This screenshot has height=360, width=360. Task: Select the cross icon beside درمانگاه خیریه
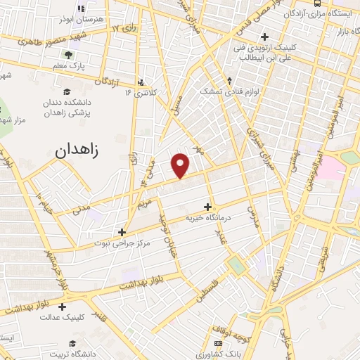click(x=207, y=207)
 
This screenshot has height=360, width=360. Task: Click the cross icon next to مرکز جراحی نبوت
click(x=122, y=231)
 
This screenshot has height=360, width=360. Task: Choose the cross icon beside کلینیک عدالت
click(x=63, y=307)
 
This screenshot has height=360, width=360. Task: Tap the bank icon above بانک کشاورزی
click(x=217, y=342)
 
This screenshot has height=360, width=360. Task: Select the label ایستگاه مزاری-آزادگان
click(x=330, y=13)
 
